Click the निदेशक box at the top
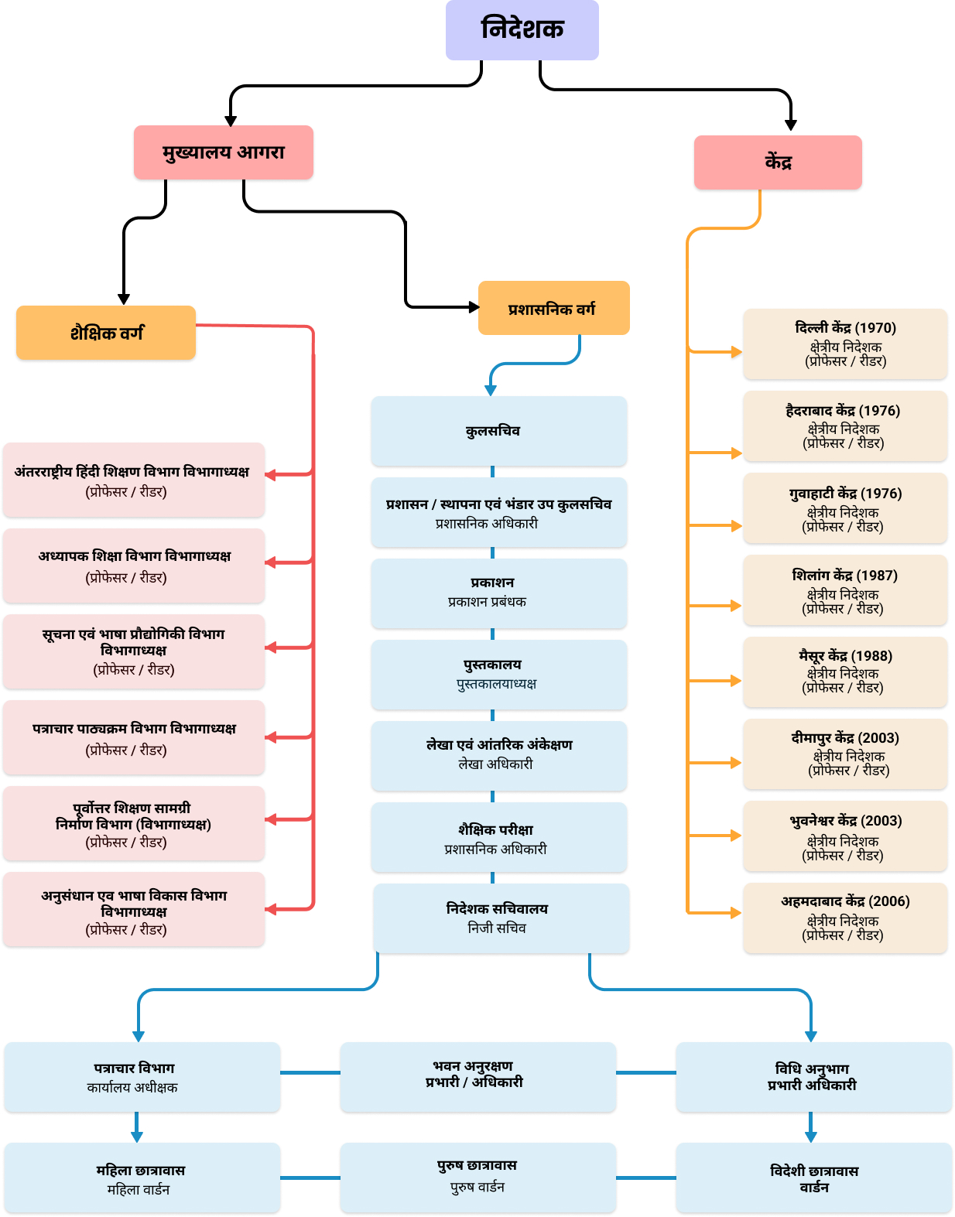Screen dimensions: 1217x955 coord(522,29)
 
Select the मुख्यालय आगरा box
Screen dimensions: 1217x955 coord(223,152)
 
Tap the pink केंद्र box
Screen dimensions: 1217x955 coord(777,162)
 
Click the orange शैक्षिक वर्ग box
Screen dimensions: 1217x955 coord(105,333)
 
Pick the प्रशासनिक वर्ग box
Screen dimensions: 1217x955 coord(553,308)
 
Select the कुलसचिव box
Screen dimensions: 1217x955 coord(498,431)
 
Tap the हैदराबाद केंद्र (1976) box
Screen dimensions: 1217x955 coord(844,426)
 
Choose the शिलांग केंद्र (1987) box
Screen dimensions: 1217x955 coord(844,590)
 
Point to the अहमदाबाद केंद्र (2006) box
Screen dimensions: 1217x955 coord(844,918)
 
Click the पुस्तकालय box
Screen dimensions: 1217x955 coord(498,674)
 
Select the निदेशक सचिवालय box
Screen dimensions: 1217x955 coord(501,918)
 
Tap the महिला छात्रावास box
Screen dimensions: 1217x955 coord(141,1178)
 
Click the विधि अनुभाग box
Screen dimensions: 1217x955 coord(813,1077)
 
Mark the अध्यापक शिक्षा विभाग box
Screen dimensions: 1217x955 coord(133,566)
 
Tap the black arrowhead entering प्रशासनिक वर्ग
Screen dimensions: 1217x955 coord(474,307)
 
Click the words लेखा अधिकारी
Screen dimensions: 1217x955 coord(495,764)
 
